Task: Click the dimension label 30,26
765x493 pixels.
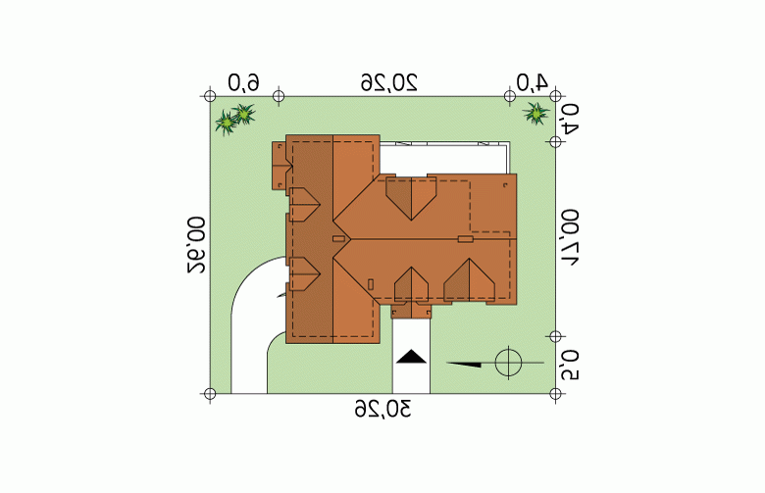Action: pos(382,409)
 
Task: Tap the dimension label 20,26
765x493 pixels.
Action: pos(389,82)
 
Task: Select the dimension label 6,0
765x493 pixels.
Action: pos(244,83)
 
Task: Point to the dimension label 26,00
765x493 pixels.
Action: pos(196,245)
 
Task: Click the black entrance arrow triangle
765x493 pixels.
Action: pos(411,357)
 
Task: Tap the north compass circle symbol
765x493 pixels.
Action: pos(508,363)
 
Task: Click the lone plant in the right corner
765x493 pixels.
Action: pos(535,113)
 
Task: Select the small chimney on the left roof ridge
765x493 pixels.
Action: pos(339,239)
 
